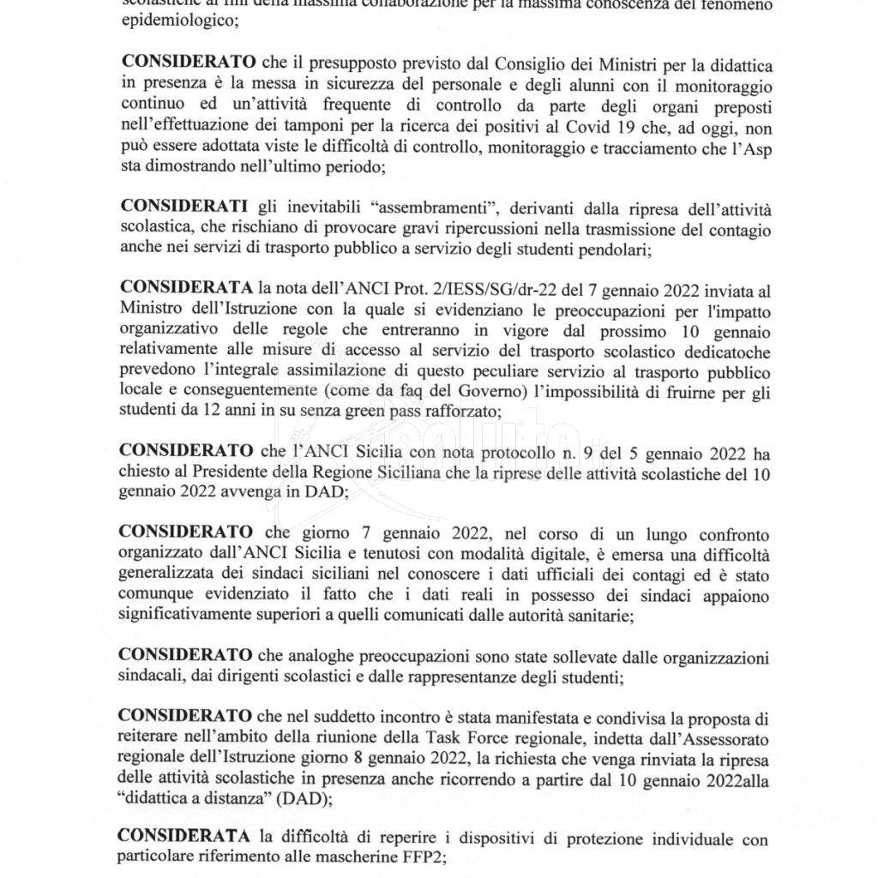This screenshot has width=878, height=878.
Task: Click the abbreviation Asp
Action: (x=739, y=149)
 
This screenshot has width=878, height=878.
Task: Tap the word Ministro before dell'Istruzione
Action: (x=148, y=308)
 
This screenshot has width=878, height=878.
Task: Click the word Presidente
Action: (x=230, y=472)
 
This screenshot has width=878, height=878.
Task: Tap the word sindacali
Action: (x=150, y=677)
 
